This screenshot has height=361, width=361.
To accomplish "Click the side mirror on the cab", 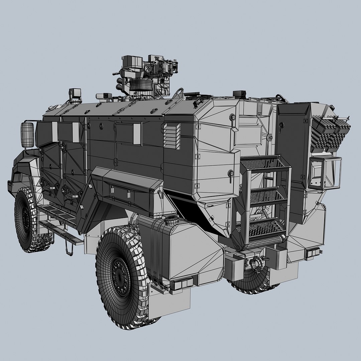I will [27, 134].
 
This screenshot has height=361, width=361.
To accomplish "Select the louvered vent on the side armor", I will [172, 136].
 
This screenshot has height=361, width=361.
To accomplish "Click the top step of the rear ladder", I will [264, 164].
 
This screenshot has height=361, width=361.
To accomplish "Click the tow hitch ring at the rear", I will [256, 263].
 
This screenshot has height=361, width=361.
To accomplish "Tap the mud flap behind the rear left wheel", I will [169, 303].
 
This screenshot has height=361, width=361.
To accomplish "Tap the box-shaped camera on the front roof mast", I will [75, 93].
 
